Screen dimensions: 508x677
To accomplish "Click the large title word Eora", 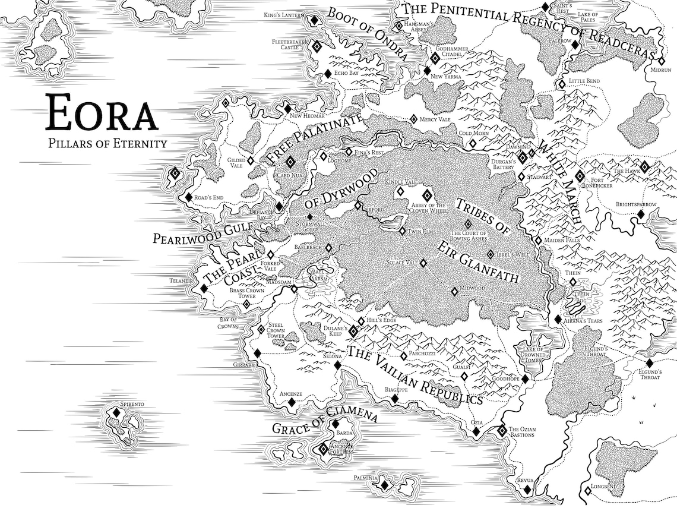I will [x=102, y=113].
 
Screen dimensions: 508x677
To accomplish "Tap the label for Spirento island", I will [x=132, y=404].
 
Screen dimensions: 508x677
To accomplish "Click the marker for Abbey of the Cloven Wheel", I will [x=427, y=195].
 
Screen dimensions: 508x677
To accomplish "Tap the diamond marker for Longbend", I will [x=587, y=490].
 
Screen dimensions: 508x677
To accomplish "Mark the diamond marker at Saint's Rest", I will [x=545, y=7].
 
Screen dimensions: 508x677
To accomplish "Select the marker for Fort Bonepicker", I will [x=580, y=176].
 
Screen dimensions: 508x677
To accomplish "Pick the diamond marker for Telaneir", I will [x=204, y=288].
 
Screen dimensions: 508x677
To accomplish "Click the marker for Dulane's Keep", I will [x=353, y=331].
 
